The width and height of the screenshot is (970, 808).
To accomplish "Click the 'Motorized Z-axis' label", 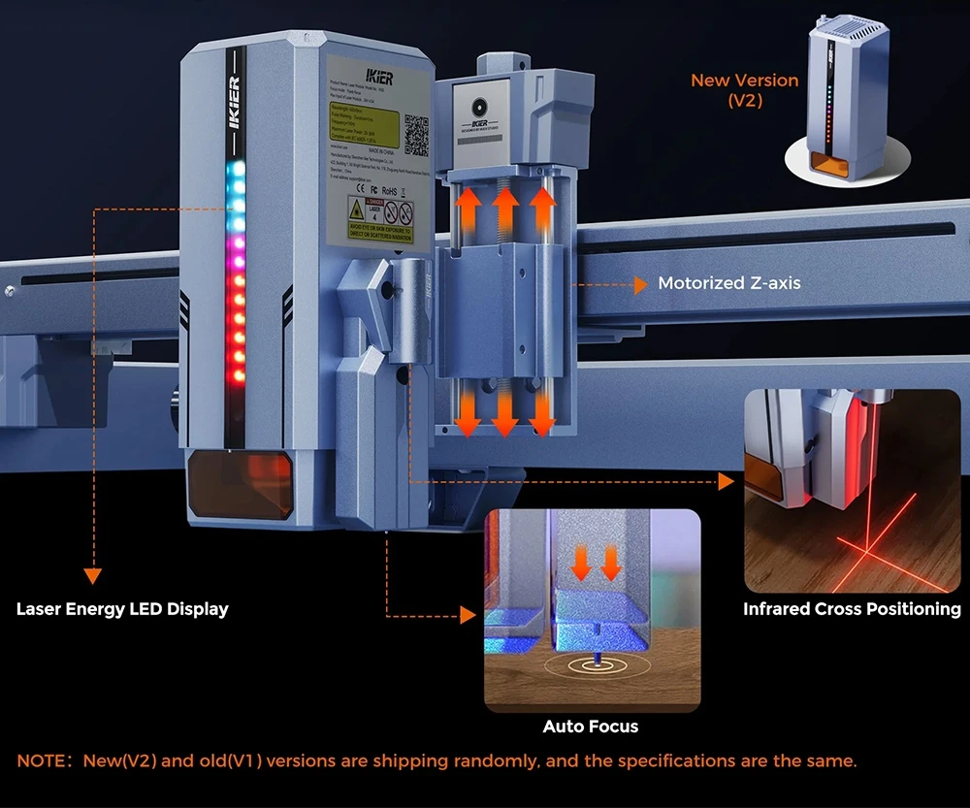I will tap(729, 284).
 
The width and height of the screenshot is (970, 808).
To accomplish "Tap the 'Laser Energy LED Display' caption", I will tap(122, 610).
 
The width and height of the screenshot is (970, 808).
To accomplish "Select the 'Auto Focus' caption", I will tap(591, 727).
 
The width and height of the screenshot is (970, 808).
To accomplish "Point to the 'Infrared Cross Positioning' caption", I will tap(852, 609).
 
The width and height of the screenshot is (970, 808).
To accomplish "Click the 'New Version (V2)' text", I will tap(745, 90).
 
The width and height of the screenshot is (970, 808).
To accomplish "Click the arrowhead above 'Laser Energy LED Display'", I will tap(93, 575).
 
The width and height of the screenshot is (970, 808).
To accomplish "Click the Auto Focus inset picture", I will tap(591, 611).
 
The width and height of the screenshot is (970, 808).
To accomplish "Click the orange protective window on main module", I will tap(240, 479).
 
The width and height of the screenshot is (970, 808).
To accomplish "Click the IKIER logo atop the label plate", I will tap(377, 76).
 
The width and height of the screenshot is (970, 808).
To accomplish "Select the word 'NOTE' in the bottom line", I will tap(40, 761).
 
